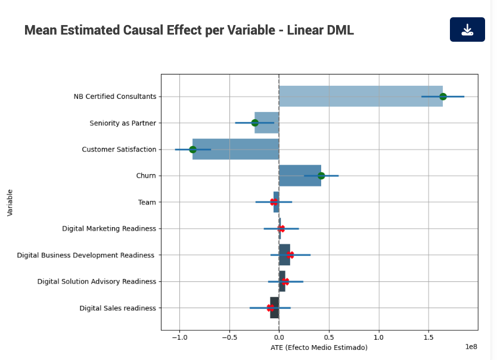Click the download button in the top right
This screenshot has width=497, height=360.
point(467,30)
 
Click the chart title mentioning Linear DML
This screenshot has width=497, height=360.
point(189,30)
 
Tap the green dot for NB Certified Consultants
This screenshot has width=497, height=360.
point(443,97)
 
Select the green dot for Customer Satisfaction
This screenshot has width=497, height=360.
point(192,149)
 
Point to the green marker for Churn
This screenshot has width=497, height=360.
point(321,176)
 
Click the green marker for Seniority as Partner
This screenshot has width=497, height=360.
point(254,123)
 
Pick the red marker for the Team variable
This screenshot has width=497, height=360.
point(274,202)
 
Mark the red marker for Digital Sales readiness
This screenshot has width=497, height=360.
point(270,308)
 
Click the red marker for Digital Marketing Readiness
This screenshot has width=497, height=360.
point(281,229)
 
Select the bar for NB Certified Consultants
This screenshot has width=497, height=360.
point(361,97)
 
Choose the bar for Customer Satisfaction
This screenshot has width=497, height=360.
point(235,149)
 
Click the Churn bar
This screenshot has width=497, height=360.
point(300,176)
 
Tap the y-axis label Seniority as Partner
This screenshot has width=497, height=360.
point(123,123)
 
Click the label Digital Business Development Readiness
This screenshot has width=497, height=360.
point(86,255)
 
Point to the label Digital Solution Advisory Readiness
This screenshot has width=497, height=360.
point(97,281)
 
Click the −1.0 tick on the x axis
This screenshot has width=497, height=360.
point(179,338)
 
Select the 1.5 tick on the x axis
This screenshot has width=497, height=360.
point(428,338)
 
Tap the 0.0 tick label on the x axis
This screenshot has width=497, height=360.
point(279,338)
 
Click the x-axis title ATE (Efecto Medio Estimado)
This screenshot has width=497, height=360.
point(319,347)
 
